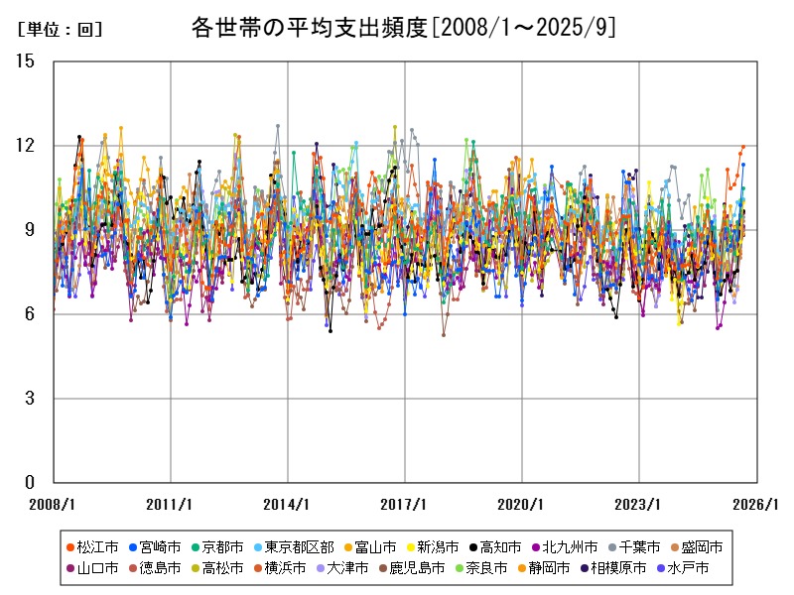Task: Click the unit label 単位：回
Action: tap(60, 30)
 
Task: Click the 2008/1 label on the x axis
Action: tap(55, 504)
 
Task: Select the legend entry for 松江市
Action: tap(91, 546)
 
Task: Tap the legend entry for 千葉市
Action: tap(631, 546)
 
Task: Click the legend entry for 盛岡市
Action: tap(696, 546)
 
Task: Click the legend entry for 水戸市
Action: tap(682, 568)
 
